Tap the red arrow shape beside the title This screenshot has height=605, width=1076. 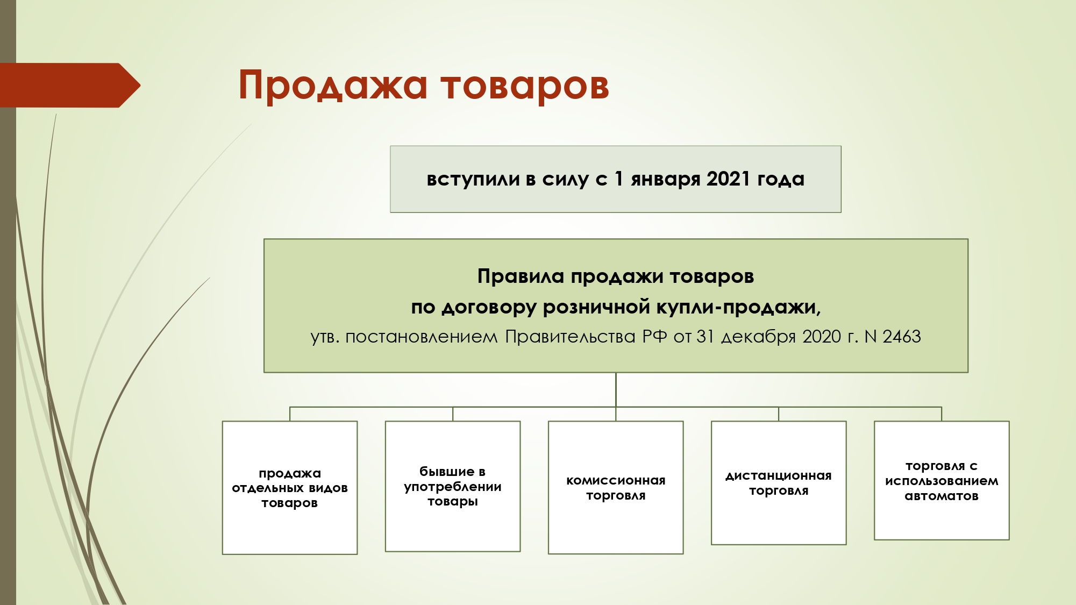70,86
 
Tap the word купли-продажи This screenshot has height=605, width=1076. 738,308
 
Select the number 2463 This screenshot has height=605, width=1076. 902,337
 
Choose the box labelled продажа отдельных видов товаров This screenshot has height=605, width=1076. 290,488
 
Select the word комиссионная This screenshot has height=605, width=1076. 616,481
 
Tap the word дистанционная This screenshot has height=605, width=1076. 779,476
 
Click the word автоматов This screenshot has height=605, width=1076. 942,496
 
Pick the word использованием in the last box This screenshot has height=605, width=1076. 942,481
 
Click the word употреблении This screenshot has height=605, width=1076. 453,487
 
